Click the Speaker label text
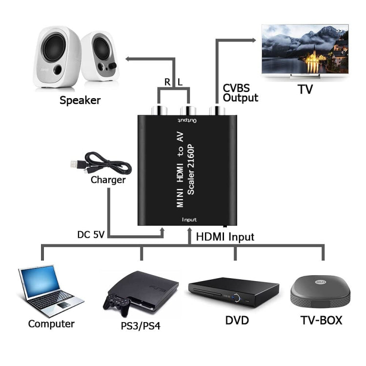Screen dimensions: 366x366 (80, 101)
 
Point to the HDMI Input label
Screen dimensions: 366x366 (225, 237)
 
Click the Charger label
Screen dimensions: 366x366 (108, 180)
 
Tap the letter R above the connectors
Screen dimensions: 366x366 (167, 82)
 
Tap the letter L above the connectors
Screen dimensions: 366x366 (180, 82)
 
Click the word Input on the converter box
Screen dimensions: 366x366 (189, 220)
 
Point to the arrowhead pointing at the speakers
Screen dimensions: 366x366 (128, 59)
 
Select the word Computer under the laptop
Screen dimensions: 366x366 (51, 324)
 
